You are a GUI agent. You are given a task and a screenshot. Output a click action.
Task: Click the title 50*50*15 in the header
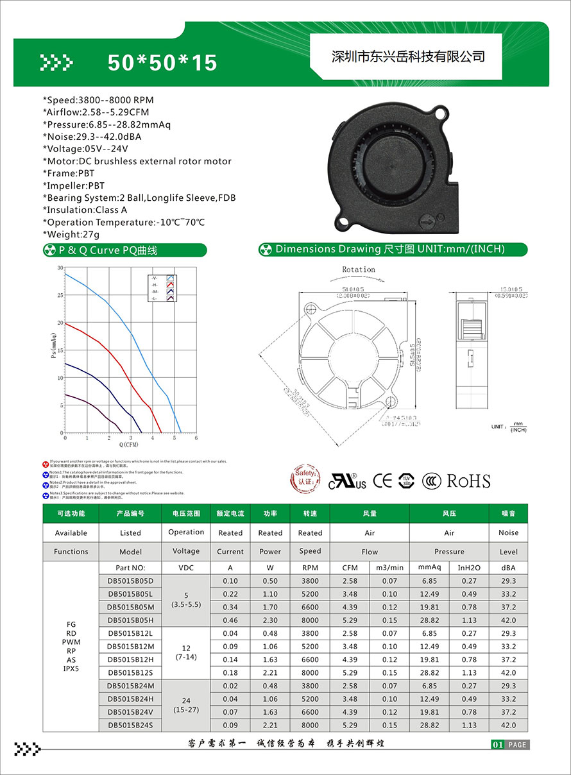pos(162,62)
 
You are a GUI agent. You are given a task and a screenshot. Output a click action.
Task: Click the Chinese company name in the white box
pos(407,56)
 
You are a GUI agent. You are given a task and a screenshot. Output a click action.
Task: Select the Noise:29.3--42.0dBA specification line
pos(92,137)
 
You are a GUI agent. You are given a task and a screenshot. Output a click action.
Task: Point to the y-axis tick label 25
pos(60,296)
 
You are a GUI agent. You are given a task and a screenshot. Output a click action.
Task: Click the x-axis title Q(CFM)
pos(129,444)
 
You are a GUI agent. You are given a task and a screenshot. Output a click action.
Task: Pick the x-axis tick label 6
pos(196,438)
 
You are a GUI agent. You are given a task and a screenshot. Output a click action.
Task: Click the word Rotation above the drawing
pos(359,269)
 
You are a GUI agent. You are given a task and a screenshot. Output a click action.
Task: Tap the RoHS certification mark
pos(468,481)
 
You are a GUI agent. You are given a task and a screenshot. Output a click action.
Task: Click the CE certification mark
pos(382,481)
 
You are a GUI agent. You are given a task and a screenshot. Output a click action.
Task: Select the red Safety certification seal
pos(305,480)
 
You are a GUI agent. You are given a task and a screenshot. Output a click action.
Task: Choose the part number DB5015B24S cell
pos(130,725)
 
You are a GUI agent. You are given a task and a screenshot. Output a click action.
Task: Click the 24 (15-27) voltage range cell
pos(186,705)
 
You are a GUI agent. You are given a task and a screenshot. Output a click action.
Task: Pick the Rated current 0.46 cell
pos(230,620)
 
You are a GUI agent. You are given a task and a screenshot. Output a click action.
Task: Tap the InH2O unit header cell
pos(468,568)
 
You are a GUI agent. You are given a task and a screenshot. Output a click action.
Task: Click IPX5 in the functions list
pos(71,669)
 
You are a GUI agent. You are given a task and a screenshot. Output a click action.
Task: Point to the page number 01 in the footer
pos(497,745)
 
